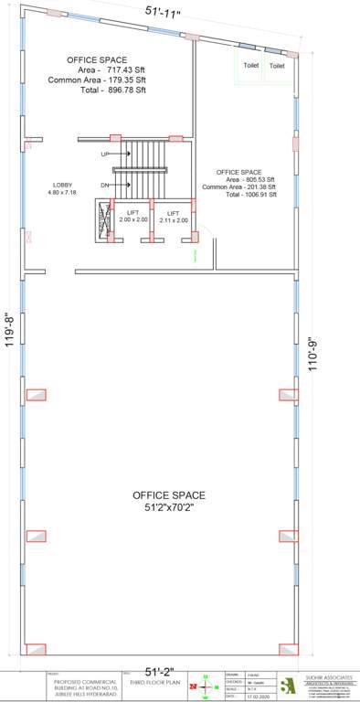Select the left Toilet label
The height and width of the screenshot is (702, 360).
tap(249, 66)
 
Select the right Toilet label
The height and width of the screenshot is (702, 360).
tap(277, 66)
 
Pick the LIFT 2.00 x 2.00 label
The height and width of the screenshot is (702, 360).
tap(132, 216)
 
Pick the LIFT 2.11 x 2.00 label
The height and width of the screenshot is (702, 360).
tap(173, 216)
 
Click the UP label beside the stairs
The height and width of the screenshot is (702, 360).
tap(105, 154)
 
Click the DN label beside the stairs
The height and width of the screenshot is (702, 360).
tap(105, 186)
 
